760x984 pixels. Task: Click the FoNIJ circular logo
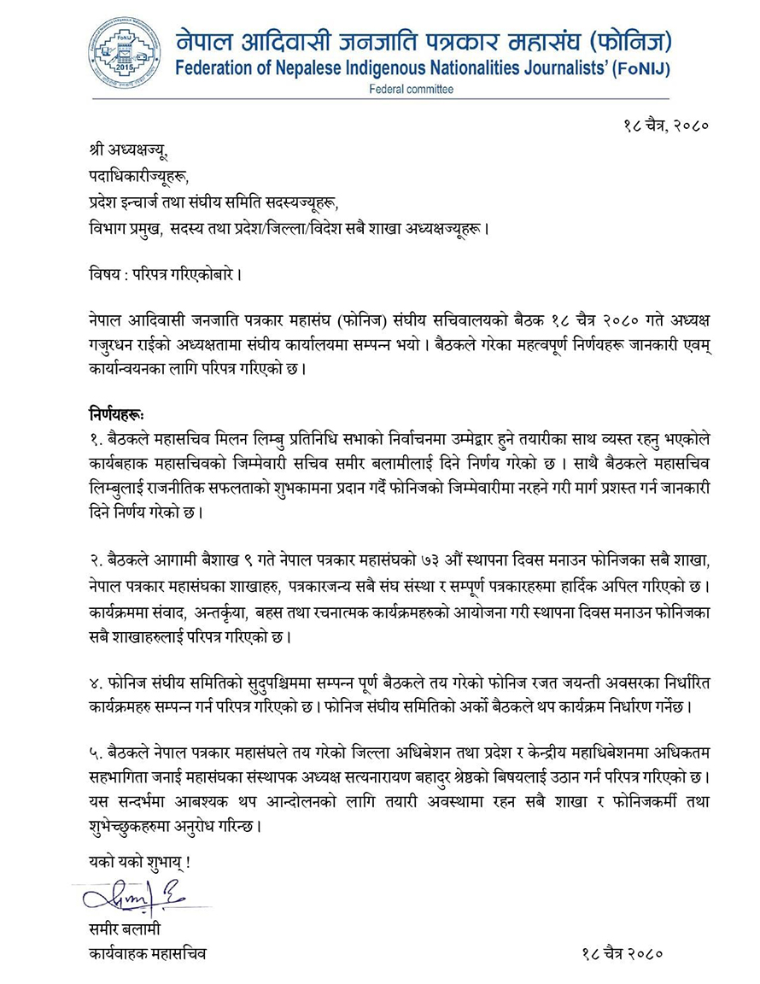pos(124,52)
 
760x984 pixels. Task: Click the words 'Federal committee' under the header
pos(411,89)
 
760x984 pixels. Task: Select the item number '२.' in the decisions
pos(96,558)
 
